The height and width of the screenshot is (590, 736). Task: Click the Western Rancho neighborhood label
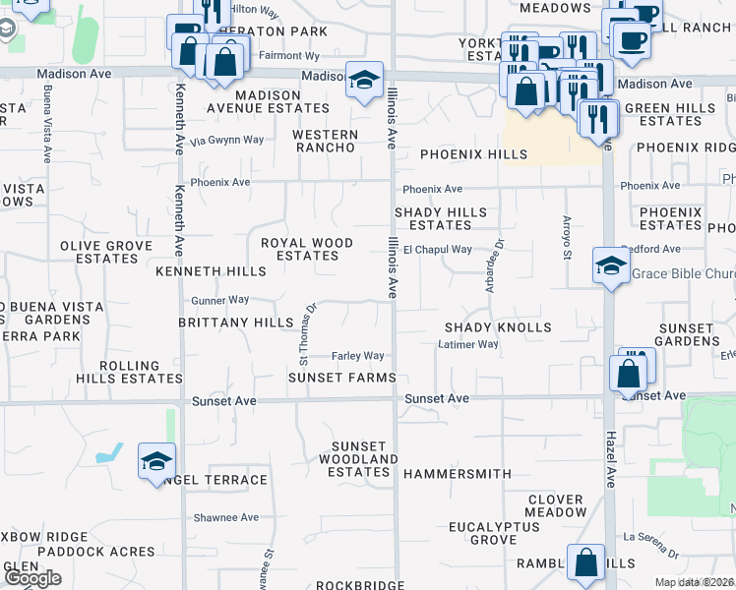[x=325, y=141]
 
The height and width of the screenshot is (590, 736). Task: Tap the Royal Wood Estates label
[x=306, y=249]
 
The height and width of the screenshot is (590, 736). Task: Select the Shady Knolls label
[x=498, y=326]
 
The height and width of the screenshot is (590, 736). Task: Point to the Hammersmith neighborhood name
[x=458, y=474]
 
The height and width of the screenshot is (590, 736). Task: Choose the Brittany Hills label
[x=236, y=323]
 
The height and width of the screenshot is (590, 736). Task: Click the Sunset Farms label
[x=341, y=378]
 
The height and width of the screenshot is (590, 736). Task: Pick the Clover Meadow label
[x=556, y=505]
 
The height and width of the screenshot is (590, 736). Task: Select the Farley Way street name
[x=357, y=356]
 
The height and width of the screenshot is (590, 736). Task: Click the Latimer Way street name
[x=468, y=344]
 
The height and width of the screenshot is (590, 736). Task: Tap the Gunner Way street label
[x=219, y=299]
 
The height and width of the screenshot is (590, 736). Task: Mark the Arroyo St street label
[x=567, y=239]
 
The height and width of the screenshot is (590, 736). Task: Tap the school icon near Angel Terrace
[x=156, y=461]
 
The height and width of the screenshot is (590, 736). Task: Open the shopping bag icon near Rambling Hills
[x=586, y=564]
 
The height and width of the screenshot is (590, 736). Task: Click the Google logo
[x=32, y=578]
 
